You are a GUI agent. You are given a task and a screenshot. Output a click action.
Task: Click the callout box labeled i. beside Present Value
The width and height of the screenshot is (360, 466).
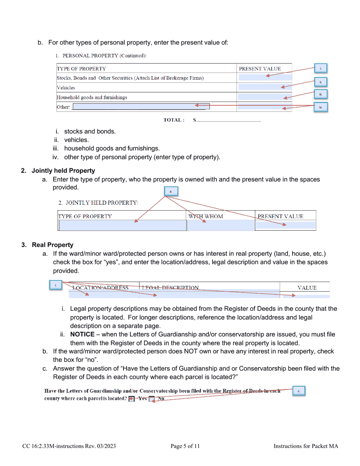tap(320, 69)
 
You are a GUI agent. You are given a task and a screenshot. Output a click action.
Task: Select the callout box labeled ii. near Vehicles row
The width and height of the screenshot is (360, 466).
tap(320, 82)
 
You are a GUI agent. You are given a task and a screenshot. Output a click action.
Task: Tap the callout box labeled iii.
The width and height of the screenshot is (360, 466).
tap(320, 95)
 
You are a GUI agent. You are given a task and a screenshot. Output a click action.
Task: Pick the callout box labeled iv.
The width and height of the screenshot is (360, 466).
tap(320, 108)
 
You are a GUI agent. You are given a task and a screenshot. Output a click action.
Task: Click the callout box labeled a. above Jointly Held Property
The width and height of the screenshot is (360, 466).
tap(171, 192)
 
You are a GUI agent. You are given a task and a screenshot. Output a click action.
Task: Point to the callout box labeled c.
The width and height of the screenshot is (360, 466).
tap(299, 391)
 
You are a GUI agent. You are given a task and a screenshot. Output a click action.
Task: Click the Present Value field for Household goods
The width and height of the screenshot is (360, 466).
tap(265, 97)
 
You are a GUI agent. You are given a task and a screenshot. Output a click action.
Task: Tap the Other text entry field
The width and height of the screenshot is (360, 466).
tap(141, 107)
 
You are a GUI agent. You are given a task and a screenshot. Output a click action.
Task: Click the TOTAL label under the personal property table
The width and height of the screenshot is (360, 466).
tap(174, 120)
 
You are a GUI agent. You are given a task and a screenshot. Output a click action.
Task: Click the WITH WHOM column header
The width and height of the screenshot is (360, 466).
tap(206, 216)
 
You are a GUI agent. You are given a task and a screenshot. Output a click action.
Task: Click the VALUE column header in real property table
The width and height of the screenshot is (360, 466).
tap(307, 288)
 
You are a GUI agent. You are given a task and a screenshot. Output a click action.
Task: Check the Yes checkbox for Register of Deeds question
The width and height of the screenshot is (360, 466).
tap(131, 399)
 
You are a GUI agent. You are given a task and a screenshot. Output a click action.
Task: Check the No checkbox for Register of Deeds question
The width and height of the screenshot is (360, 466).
tap(152, 399)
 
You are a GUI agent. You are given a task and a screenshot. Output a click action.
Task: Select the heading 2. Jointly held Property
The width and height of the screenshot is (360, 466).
tap(58, 171)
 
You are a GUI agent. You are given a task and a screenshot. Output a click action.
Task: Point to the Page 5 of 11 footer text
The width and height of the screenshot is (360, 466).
tap(185, 446)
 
